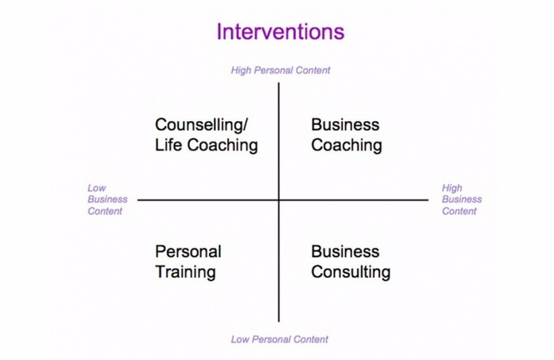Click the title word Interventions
click(x=280, y=32)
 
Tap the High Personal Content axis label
click(x=280, y=70)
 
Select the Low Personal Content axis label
click(x=279, y=339)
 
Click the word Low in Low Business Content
click(x=97, y=188)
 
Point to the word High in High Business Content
click(x=452, y=188)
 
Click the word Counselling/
click(x=202, y=125)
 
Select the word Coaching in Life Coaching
click(x=222, y=146)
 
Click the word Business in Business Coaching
click(x=345, y=125)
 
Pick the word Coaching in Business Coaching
click(x=347, y=146)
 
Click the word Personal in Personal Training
click(x=188, y=252)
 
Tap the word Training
click(x=185, y=272)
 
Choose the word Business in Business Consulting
click(x=345, y=252)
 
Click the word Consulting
click(x=351, y=272)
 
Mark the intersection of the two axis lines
click(x=279, y=200)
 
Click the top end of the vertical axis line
click(x=279, y=82)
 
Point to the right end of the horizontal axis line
click(x=428, y=200)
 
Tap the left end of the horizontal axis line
click(x=138, y=200)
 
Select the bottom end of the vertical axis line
click(x=279, y=322)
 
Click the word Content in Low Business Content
click(x=105, y=211)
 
